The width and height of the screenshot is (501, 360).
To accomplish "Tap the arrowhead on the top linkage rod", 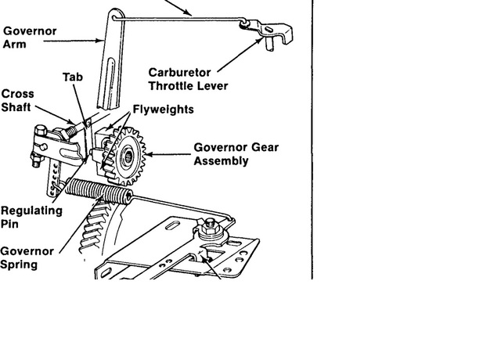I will tap(192, 14).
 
